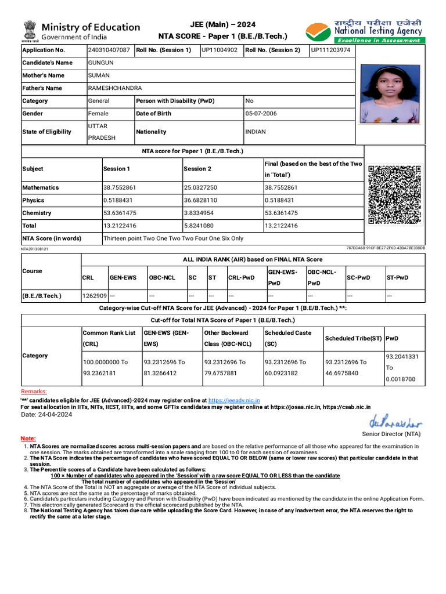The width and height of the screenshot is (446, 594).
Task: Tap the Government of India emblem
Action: pyautogui.click(x=30, y=32)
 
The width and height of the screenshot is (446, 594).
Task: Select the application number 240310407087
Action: pyautogui.click(x=109, y=50)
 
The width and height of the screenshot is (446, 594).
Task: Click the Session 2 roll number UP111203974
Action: pyautogui.click(x=330, y=50)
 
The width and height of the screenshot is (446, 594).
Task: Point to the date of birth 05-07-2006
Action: pyautogui.click(x=261, y=114)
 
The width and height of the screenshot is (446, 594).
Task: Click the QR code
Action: pyautogui.click(x=394, y=195)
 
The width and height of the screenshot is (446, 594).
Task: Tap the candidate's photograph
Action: pyautogui.click(x=390, y=93)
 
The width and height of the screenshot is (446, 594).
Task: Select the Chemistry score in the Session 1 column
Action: pyautogui.click(x=120, y=213)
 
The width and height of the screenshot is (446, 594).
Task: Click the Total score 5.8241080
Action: pyautogui.click(x=200, y=226)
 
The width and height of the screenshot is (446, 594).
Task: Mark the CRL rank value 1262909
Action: pyautogui.click(x=94, y=296)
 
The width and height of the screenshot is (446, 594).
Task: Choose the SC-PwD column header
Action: pyautogui.click(x=358, y=278)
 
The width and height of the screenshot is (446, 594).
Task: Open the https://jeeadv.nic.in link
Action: pyautogui.click(x=234, y=400)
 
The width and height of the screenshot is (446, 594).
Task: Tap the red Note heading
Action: pyautogui.click(x=28, y=439)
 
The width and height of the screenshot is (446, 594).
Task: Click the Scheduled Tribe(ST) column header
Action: pyautogui.click(x=353, y=339)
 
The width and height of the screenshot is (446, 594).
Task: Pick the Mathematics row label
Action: pyautogui.click(x=41, y=187)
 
